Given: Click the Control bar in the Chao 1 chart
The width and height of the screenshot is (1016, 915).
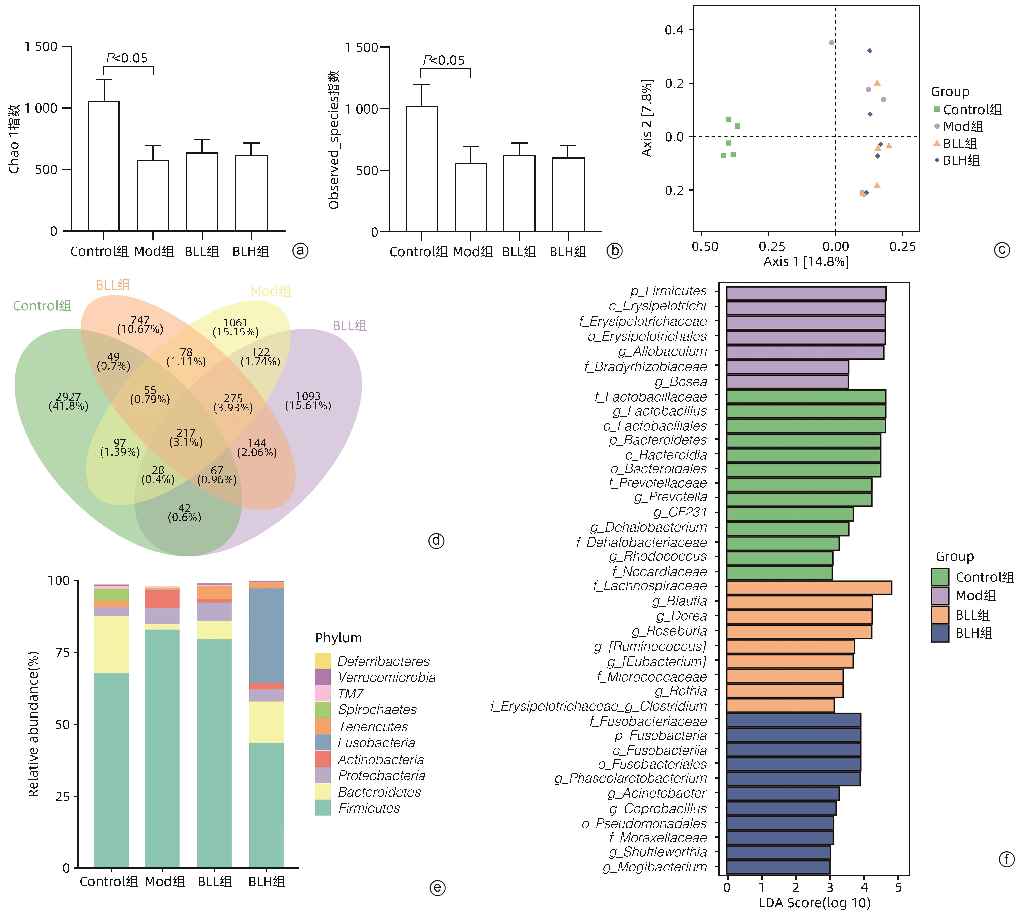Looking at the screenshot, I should pyautogui.click(x=103, y=166).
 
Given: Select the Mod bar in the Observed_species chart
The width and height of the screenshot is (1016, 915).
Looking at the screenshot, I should pyautogui.click(x=471, y=197).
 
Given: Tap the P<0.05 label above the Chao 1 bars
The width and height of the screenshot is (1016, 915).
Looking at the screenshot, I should pyautogui.click(x=127, y=58).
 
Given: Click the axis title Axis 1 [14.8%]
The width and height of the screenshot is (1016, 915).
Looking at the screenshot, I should pyautogui.click(x=806, y=261).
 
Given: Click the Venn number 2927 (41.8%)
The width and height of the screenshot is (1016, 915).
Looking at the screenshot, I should pyautogui.click(x=68, y=401).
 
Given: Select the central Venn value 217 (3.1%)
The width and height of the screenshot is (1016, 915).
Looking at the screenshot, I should pyautogui.click(x=186, y=437).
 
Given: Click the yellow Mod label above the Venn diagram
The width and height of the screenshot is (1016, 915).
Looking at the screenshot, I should pyautogui.click(x=270, y=291).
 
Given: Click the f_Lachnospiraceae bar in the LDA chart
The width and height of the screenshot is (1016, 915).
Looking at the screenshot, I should pyautogui.click(x=809, y=587).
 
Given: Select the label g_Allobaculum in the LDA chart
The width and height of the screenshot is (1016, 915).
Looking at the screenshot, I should pyautogui.click(x=662, y=351).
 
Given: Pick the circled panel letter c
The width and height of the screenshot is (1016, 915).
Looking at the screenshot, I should pyautogui.click(x=1001, y=250).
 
